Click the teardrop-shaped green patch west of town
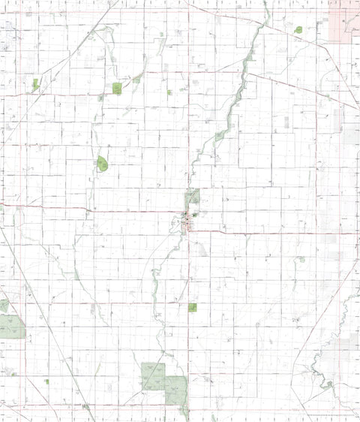coord(102,163)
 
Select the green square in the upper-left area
coord(117,88)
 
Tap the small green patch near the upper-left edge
coord(35,84)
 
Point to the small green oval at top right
coord(298,30)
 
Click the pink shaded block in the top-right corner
coord(343,20)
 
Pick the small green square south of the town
coord(193,307)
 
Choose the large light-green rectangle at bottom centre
coord(153,376)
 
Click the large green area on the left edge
coord(10,326)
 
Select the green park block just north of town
coord(193,197)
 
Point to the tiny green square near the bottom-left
coord(46,381)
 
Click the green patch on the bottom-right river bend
coord(328,384)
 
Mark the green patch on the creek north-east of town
coord(220,136)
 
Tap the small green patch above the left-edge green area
coord(4,305)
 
